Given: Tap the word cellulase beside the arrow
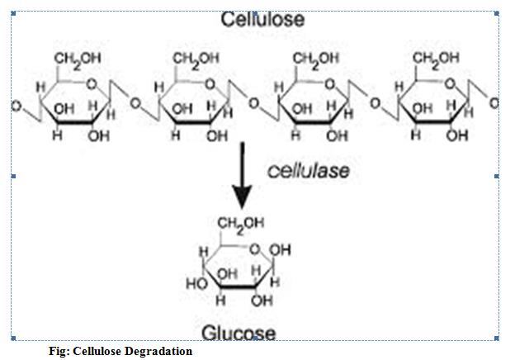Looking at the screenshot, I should pos(308,171).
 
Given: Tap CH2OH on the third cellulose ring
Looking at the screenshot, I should pos(314,59).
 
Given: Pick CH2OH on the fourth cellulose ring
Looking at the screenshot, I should pos(435,59).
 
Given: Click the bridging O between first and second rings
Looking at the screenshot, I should pos(134,106).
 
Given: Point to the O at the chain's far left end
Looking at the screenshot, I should pos(16,107).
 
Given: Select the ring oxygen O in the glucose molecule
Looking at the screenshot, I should pos(254,247).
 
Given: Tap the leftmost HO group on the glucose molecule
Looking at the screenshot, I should pos(196,282).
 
